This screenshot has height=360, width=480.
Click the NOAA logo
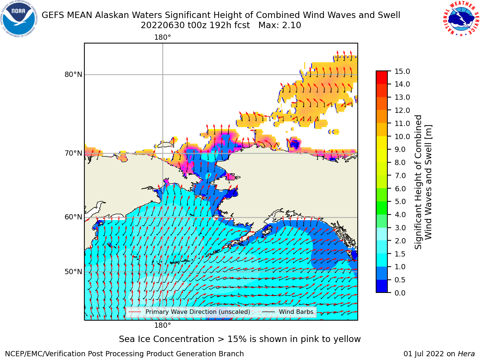[19, 19]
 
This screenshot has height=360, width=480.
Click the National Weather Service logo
[461, 18]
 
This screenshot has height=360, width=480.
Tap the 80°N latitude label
[73, 75]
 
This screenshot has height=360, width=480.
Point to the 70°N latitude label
[73, 153]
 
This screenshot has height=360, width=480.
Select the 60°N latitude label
[73, 217]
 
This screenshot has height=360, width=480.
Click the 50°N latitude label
[73, 272]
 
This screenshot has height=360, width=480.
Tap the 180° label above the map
[162, 37]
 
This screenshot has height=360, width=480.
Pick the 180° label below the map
[162, 325]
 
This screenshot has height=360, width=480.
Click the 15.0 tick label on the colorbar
[402, 71]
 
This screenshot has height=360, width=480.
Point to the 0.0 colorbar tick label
[400, 293]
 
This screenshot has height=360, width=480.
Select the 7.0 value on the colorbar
[400, 175]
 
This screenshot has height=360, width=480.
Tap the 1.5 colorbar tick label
[400, 254]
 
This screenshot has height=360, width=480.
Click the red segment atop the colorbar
[382, 77]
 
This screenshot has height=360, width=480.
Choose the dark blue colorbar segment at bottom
[382, 286]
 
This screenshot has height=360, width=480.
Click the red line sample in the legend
[135, 312]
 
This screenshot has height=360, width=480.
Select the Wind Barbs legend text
[296, 312]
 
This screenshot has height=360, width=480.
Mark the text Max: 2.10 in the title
[280, 25]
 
